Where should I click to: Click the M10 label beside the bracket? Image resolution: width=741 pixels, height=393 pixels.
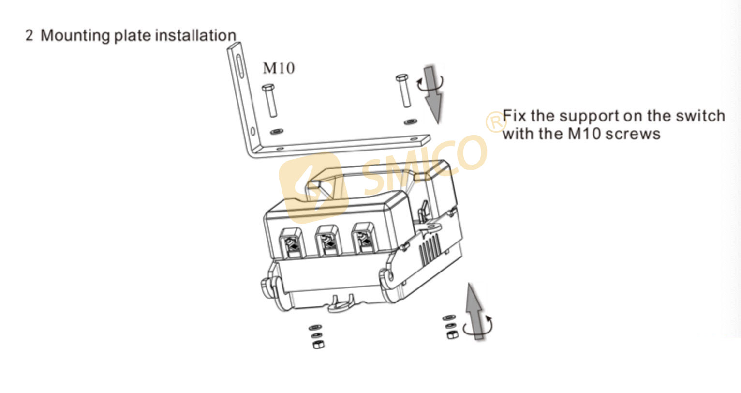click(x=278, y=68)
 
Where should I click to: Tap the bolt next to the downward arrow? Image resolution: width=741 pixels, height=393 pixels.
click(x=403, y=91)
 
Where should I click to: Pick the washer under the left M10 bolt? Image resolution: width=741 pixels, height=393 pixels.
click(x=277, y=131)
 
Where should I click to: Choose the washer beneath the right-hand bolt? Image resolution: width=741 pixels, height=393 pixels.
click(x=411, y=121)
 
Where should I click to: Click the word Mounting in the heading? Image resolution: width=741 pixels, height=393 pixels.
click(x=75, y=36)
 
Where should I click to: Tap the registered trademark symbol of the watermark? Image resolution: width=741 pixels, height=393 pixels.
click(x=495, y=121)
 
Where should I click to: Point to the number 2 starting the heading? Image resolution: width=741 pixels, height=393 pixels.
click(x=30, y=36)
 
